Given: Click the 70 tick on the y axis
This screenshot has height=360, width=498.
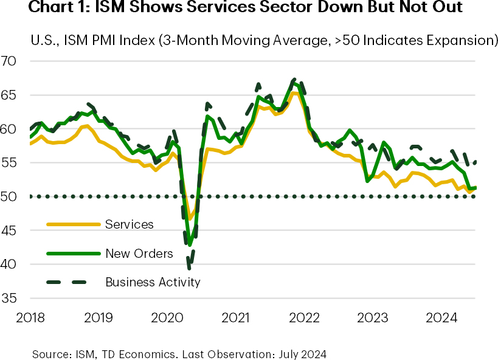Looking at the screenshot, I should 11,61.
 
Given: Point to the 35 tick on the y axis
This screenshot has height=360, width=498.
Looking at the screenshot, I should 11,299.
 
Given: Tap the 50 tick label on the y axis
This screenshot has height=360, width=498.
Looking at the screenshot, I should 11,197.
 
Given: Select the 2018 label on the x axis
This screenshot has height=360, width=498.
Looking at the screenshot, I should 29,317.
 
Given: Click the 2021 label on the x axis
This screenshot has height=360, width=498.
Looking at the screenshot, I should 235,317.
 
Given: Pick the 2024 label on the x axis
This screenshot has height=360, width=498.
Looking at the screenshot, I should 441,317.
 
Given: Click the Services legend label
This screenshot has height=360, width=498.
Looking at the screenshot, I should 130,224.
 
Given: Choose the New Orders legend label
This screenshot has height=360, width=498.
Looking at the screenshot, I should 139,254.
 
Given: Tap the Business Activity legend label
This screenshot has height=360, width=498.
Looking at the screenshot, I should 153,282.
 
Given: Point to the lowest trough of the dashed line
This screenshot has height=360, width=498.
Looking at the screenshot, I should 190,268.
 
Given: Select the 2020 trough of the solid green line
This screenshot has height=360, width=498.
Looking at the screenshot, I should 190,246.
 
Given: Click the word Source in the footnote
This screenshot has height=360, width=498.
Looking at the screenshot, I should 49,352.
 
